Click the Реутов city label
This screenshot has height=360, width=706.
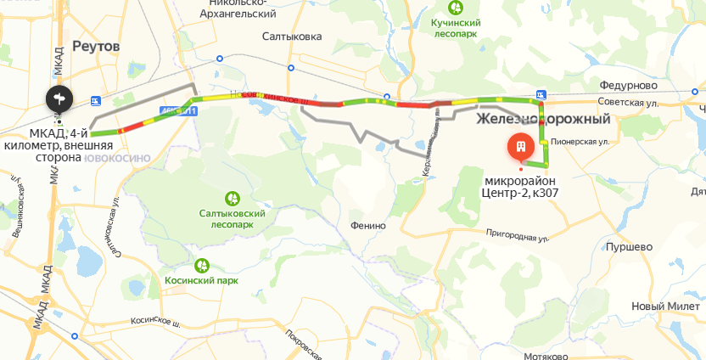97,45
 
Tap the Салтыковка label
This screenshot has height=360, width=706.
291,37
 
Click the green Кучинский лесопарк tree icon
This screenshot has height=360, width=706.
456,8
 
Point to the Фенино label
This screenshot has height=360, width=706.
368,226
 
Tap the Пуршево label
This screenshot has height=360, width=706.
628,246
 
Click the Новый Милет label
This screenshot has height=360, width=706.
665,307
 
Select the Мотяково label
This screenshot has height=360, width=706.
546,356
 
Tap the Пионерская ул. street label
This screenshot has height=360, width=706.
580,142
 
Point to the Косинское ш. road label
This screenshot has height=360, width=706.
156,323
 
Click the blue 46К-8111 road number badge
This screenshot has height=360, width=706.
178,111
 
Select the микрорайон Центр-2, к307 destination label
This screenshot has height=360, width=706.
521,186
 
